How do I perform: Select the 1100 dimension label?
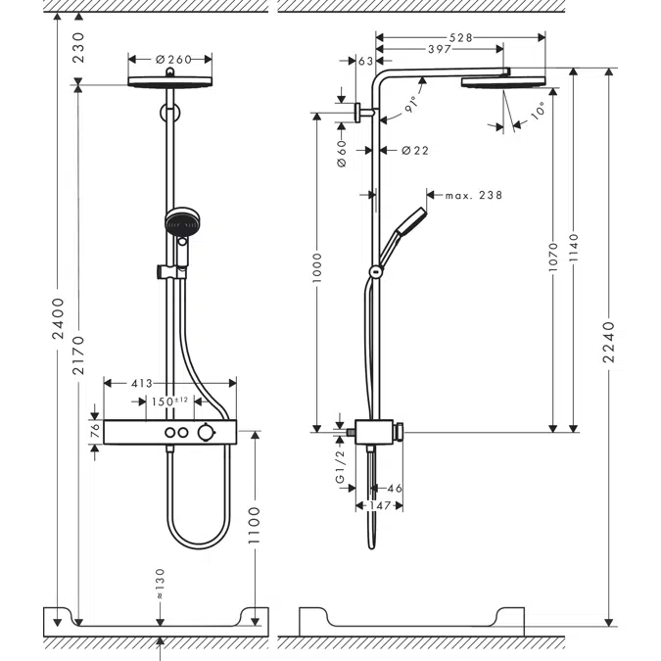pos(256,526)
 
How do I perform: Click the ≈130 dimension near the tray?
pos(161,585)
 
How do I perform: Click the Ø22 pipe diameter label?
pos(415,150)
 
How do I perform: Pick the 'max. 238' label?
pos(473,196)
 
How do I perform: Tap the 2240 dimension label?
pos(610,343)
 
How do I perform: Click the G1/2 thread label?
pos(341,467)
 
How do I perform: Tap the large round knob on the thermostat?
pos(205,433)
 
